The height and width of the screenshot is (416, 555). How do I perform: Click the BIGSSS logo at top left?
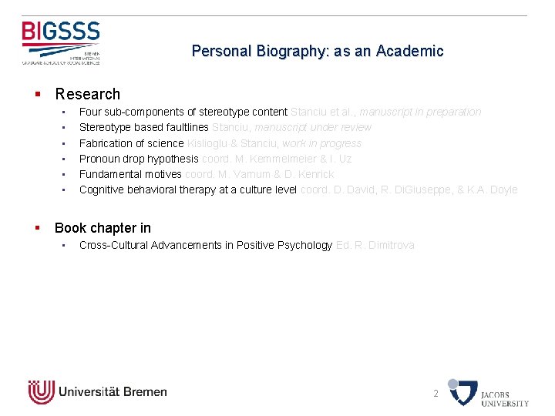pyautogui.click(x=61, y=42)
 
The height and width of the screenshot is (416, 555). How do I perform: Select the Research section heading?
pyautogui.click(x=87, y=94)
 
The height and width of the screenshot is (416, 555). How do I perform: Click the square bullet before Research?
pyautogui.click(x=37, y=95)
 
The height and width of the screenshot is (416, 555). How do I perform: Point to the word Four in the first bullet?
pyautogui.click(x=91, y=112)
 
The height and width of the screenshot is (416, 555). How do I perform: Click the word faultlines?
pyautogui.click(x=183, y=127)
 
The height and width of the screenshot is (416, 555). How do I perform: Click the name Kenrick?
pyautogui.click(x=315, y=174)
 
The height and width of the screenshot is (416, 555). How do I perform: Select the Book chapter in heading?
pyautogui.click(x=103, y=228)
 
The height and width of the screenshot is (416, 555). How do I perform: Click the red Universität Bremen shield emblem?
pyautogui.click(x=41, y=391)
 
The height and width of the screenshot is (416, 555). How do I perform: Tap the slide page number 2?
pyautogui.click(x=436, y=393)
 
